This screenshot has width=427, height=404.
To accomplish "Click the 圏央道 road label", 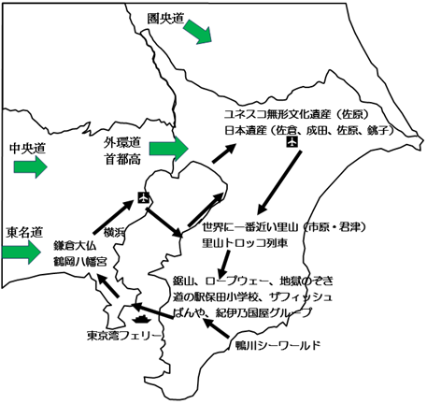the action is click(x=166, y=19).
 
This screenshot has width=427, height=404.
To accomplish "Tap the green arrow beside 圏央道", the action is click(x=198, y=32).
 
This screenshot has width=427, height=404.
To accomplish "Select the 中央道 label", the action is click(x=27, y=148).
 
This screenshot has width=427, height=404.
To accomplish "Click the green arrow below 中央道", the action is click(x=30, y=166).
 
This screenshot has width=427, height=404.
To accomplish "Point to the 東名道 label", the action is click(x=24, y=232).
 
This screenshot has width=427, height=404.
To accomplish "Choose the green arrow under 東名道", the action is click(x=21, y=252).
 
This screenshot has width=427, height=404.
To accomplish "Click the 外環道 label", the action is click(x=122, y=142).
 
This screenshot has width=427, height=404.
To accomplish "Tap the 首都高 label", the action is click(x=122, y=159).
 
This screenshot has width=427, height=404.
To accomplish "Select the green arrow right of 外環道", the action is click(x=169, y=149).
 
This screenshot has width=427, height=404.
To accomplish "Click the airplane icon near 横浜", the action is click(x=144, y=197).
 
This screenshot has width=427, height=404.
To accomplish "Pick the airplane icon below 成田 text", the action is click(x=292, y=142).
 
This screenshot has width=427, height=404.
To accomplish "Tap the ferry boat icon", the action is click(x=141, y=319).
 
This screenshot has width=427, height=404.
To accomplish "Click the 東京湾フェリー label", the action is click(x=124, y=336).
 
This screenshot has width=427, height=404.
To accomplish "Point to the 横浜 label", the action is click(x=114, y=232).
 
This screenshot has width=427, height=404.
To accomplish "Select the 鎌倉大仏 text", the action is click(x=75, y=246).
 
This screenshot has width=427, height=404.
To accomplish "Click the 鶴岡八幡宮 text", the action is click(x=80, y=261).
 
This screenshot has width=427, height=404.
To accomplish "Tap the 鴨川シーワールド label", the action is click(x=278, y=345).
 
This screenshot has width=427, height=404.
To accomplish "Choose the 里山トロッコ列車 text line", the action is click(x=245, y=243).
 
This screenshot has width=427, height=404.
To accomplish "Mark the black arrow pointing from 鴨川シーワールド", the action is click(x=216, y=327).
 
